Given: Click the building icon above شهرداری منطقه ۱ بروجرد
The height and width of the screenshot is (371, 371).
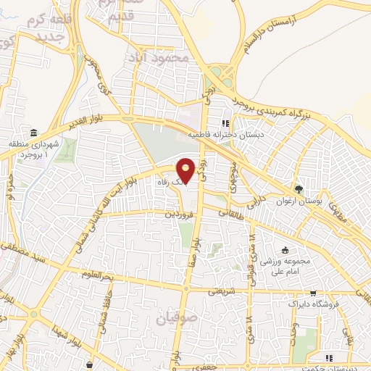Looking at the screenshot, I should pyautogui.click(x=33, y=133).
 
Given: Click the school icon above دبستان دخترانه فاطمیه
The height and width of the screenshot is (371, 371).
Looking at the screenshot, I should pyautogui.click(x=225, y=123).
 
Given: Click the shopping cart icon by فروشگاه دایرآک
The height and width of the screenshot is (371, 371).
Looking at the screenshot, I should pyautogui.click(x=312, y=293).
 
